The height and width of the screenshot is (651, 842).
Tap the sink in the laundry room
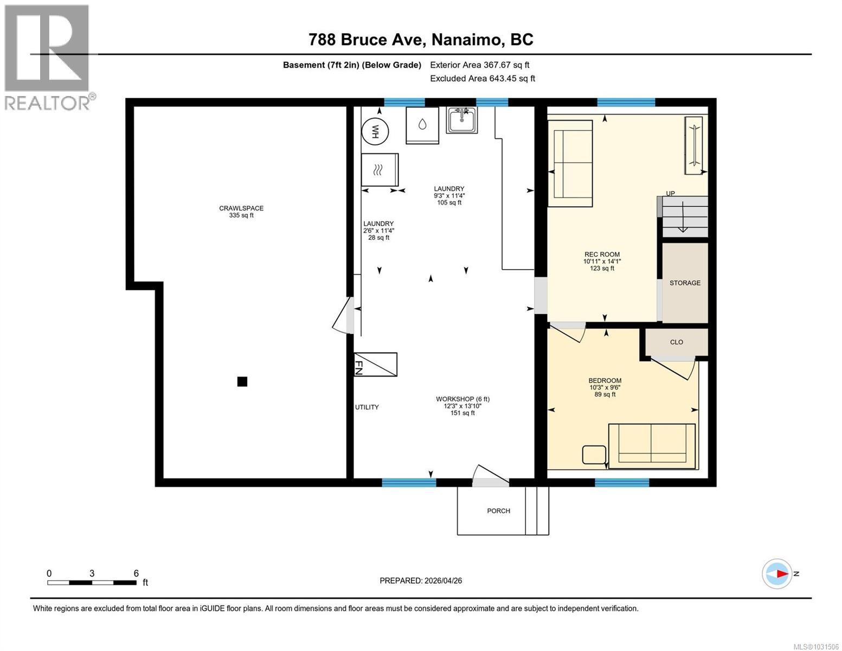(x=461, y=120)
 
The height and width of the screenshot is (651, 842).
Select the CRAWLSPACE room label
(x=241, y=208)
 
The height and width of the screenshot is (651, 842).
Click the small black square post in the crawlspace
(x=242, y=382)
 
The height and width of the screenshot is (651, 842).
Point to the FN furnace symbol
(x=375, y=364)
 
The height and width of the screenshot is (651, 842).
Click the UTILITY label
(x=367, y=407)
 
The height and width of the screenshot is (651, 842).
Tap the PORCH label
(x=498, y=511)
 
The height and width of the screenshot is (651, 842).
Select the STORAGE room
(x=685, y=283)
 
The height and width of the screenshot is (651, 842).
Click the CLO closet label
(x=676, y=342)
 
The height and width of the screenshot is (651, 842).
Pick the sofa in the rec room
(x=570, y=163)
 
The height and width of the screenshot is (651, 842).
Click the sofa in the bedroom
(x=652, y=446)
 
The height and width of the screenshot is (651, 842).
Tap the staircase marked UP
(x=684, y=216)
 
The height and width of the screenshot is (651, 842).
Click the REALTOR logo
(x=48, y=57)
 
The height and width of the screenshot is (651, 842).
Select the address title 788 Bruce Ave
(x=421, y=40)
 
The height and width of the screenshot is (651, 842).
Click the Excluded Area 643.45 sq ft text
(x=482, y=79)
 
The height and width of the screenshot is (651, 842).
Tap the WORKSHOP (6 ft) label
(x=462, y=399)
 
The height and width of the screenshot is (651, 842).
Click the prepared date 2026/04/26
(x=421, y=580)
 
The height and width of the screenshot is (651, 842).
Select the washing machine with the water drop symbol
(x=422, y=125)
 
